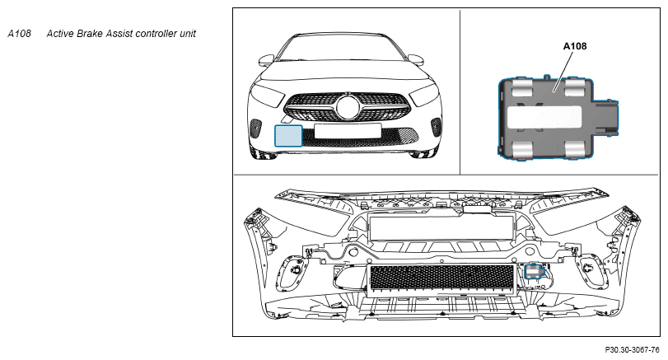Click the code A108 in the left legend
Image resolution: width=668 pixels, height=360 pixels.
coord(19,34)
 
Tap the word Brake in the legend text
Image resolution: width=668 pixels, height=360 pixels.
coord(96,34)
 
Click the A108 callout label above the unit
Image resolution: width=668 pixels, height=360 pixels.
coord(574,47)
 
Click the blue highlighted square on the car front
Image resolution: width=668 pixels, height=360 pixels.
coord(288,134)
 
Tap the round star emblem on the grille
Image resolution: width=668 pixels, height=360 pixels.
coord(347,108)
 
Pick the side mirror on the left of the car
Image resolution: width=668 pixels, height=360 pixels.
coord(265,60)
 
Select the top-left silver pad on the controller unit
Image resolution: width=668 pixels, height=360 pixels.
coord(521,88)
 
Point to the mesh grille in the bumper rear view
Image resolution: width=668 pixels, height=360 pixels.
coord(441,277)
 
